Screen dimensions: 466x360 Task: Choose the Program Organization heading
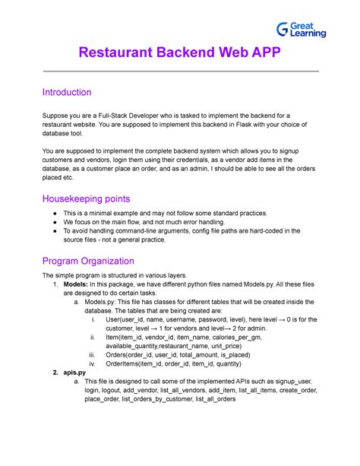99,261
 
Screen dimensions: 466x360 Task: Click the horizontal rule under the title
180,71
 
